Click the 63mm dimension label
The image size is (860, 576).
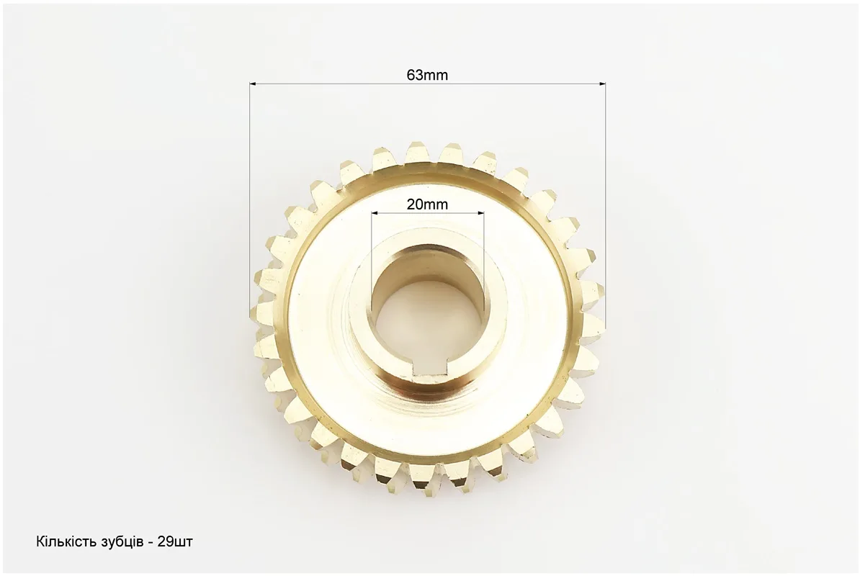[x=427, y=75]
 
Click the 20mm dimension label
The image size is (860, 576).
[x=427, y=204]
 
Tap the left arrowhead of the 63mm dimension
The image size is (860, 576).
[x=253, y=84]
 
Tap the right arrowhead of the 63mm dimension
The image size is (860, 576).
[x=602, y=84]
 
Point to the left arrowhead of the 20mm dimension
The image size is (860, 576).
[x=375, y=213]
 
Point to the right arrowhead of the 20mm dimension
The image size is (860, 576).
[x=480, y=213]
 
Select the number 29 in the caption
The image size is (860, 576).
[x=164, y=543]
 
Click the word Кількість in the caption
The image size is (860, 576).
[x=66, y=543]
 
